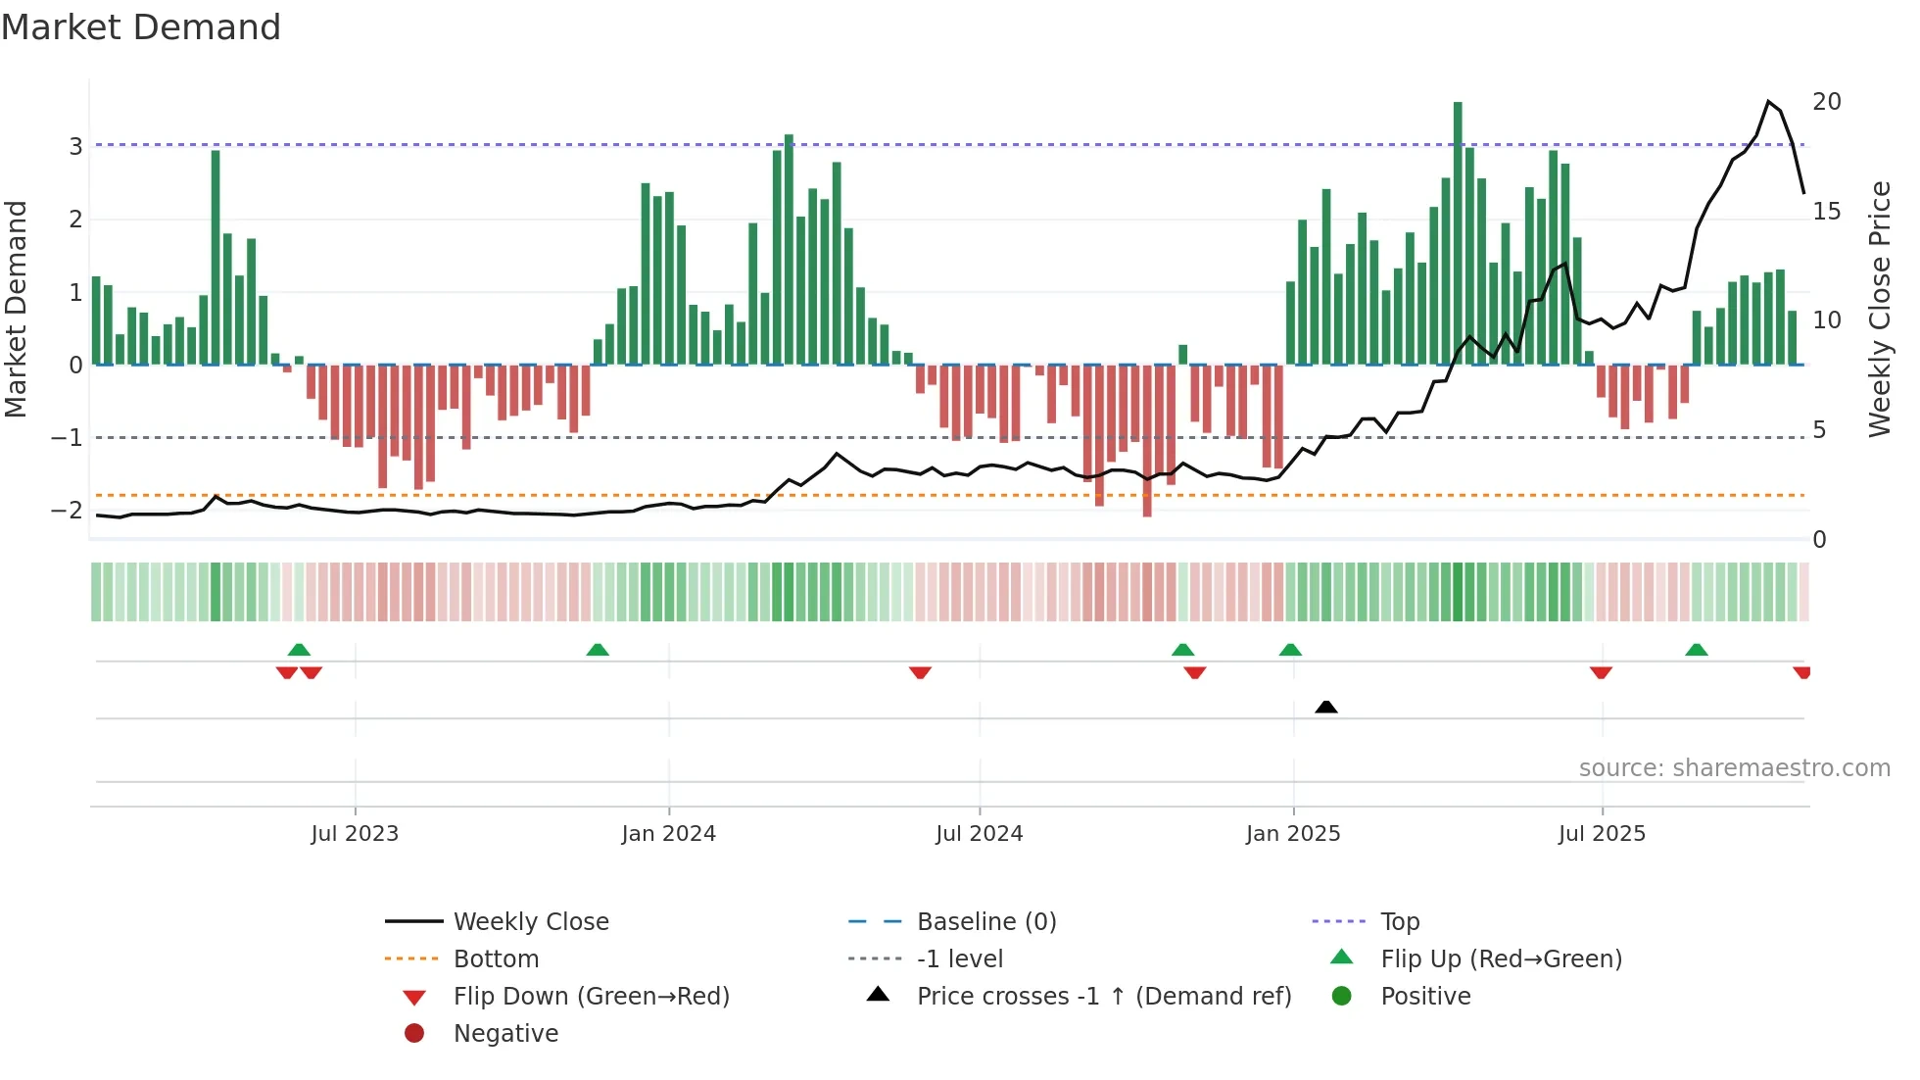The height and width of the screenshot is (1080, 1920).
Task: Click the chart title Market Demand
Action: click(x=141, y=27)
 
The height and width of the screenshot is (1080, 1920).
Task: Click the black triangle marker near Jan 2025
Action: click(x=1326, y=707)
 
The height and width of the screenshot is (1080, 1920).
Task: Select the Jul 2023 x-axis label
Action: click(x=355, y=834)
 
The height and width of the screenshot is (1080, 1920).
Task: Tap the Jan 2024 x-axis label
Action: click(x=669, y=834)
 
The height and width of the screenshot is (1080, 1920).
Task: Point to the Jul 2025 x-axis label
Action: click(x=1602, y=834)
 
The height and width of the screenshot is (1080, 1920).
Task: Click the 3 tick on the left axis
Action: click(x=75, y=147)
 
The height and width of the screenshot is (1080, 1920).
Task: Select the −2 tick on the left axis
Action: click(x=68, y=511)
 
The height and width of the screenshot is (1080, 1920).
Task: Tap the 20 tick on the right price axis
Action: click(x=1826, y=102)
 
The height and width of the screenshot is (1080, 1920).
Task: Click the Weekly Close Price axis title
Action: click(x=1879, y=309)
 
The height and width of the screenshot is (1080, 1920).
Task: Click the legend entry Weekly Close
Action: click(x=530, y=922)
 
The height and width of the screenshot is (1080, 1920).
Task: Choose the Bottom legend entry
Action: click(x=496, y=959)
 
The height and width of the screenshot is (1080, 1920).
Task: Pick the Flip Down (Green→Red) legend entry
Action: click(x=591, y=997)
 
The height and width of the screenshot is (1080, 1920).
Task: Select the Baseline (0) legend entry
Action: click(x=985, y=922)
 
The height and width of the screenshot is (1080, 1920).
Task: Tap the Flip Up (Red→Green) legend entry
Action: click(x=1501, y=959)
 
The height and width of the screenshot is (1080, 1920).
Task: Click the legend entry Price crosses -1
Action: click(x=1103, y=997)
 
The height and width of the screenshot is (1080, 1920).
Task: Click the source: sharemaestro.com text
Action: click(x=1734, y=768)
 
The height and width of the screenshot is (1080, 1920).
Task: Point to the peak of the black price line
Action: click(x=1769, y=101)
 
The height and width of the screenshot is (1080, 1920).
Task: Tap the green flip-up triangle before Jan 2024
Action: click(x=598, y=650)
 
